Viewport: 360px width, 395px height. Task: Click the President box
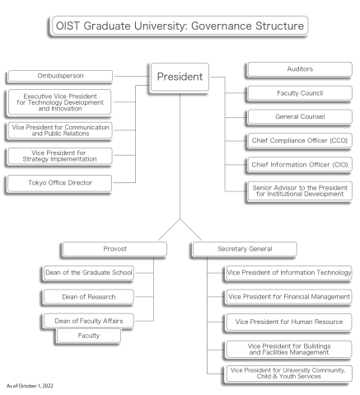click(179, 77)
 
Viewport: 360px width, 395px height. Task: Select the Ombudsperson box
click(59, 77)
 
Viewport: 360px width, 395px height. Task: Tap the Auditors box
click(299, 69)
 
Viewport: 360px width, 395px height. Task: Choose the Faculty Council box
click(299, 93)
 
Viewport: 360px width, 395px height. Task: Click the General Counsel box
click(299, 117)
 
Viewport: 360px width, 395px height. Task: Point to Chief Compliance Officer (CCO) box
click(299, 141)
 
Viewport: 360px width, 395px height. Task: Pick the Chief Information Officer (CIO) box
click(299, 165)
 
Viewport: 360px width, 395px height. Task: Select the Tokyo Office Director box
click(59, 182)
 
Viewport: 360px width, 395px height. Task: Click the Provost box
click(114, 248)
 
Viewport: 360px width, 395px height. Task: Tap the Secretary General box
click(245, 248)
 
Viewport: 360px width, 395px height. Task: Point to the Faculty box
click(89, 336)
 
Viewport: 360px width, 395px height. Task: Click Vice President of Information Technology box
click(288, 272)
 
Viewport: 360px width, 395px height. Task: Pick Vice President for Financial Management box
click(288, 296)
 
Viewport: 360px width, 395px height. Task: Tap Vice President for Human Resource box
click(288, 321)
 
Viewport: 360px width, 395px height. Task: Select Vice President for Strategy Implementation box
click(59, 155)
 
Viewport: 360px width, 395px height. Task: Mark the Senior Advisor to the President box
click(299, 190)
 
